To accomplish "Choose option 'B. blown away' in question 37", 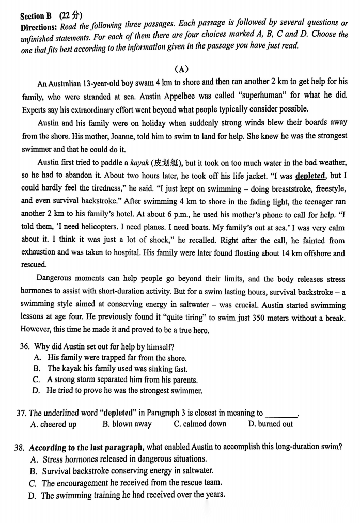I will click(x=127, y=424).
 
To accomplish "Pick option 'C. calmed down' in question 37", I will click(x=200, y=424).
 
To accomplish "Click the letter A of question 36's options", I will click(x=37, y=357).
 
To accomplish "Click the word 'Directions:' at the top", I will click(x=39, y=27).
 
